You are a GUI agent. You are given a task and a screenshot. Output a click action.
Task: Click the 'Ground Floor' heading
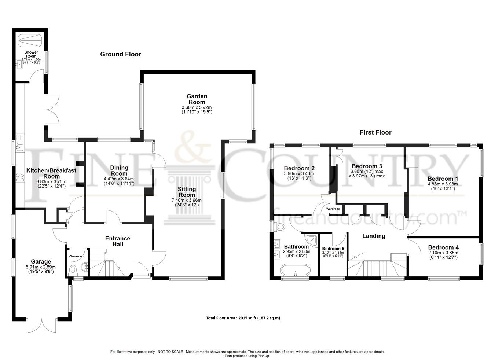point(120,54)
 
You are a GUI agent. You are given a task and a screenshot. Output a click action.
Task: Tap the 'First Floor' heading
point(375,132)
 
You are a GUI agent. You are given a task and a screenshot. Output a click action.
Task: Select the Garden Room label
point(197,99)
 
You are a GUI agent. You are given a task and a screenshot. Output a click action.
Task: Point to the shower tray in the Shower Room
point(29,41)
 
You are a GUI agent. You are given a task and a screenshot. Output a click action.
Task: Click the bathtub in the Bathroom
point(296,270)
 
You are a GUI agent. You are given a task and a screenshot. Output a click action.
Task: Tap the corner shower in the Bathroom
point(312,240)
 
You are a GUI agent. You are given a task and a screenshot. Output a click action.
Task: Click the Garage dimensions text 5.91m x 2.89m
point(41,267)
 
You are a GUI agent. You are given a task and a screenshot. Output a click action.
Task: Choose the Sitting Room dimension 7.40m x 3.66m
point(187,200)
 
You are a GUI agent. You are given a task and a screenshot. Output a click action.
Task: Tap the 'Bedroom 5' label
point(333,249)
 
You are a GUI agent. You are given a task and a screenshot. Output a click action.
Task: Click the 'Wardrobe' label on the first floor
point(333,209)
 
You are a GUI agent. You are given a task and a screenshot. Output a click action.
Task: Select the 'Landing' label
point(374,236)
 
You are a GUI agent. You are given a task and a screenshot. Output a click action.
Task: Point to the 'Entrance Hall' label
point(118,241)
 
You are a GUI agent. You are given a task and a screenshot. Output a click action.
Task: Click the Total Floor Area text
point(243,318)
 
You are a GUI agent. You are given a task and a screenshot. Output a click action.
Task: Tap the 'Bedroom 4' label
point(443,247)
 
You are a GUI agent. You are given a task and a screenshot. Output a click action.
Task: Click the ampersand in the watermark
point(193,147)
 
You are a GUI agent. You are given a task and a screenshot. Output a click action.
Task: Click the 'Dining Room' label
point(119,170)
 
